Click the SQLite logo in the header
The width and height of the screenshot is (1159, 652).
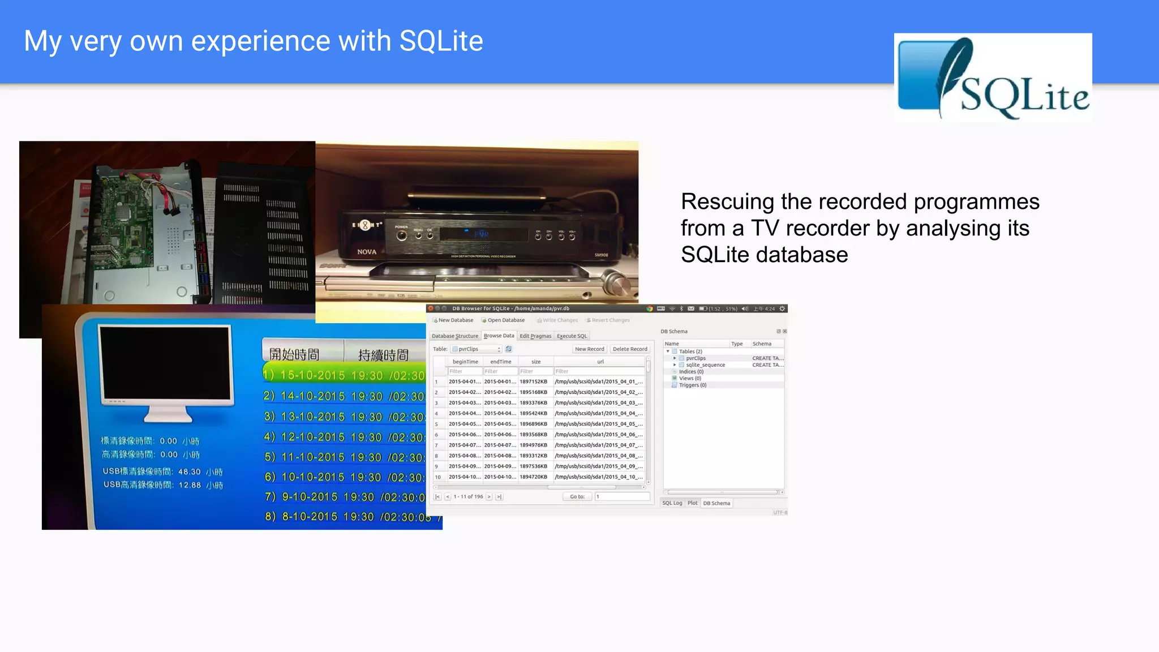coord(993,78)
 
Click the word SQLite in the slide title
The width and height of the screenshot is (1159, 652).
coord(441,41)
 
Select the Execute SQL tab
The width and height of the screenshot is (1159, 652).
coord(572,336)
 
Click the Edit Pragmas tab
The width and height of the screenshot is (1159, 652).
coord(535,336)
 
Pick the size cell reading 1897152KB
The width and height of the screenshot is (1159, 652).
coord(534,382)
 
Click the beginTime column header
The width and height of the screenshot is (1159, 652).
coord(465,362)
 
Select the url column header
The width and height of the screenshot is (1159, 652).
coord(600,362)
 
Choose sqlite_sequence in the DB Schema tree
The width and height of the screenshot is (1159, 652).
coord(705,365)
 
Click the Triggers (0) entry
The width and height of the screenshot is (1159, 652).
coord(693,385)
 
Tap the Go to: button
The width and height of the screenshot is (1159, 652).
coord(577,497)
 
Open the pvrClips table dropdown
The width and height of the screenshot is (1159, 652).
coord(477,349)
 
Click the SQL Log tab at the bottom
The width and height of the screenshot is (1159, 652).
coord(672,503)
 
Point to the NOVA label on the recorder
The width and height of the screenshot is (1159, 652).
coord(367,252)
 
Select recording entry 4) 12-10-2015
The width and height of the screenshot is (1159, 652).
coord(344,437)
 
